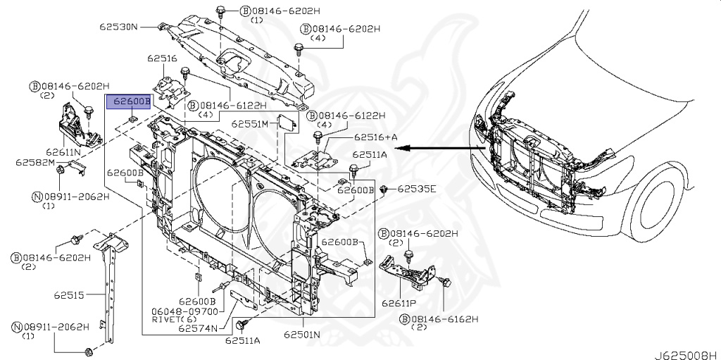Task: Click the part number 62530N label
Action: tap(118, 27)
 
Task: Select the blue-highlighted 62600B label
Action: tap(128, 102)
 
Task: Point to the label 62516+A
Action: tap(375, 137)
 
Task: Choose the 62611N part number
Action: tap(63, 151)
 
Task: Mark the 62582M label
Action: tap(35, 163)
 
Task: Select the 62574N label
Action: tap(197, 328)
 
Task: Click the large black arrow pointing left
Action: tap(437, 148)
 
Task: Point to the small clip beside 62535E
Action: tap(384, 190)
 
